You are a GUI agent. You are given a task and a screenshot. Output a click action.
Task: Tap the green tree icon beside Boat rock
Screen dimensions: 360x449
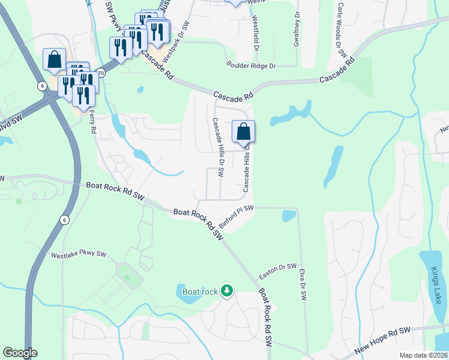226,292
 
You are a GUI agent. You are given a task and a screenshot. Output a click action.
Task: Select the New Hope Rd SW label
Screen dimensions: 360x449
382,340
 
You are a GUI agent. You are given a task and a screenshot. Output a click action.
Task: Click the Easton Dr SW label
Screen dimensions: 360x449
278,271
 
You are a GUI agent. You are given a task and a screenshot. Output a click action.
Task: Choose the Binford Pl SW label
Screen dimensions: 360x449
237,216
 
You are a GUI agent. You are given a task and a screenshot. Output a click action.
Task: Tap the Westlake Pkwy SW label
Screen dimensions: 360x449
79,255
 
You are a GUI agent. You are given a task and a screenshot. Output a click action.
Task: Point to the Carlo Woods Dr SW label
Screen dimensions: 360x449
342,30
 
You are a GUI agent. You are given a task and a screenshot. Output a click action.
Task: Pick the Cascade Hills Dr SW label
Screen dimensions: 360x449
217,148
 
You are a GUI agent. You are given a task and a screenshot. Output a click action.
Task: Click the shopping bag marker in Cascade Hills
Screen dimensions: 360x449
244,132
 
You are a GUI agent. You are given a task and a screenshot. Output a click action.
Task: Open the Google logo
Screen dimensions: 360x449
20,353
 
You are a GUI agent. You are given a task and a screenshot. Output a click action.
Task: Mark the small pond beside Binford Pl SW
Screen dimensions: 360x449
289,215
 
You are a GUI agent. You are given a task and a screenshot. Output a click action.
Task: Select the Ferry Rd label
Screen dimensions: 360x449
92,121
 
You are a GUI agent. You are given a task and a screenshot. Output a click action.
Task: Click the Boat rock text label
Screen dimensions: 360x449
199,292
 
